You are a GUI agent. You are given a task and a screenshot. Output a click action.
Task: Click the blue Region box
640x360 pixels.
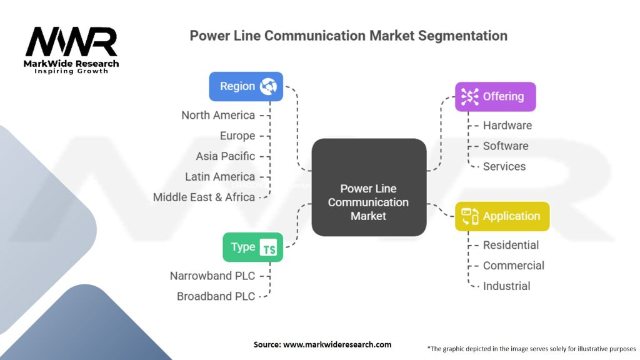pos(246,86)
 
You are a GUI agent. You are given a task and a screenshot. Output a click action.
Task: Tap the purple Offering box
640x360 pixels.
pos(496,97)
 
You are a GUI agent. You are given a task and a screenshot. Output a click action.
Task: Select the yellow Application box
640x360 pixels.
pos(502,216)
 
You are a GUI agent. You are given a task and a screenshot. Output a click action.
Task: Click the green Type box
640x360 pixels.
pos(253,247)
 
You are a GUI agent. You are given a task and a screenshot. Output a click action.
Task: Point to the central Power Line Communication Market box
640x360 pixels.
pos(369,187)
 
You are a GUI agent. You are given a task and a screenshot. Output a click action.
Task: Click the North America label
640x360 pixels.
pos(218,116)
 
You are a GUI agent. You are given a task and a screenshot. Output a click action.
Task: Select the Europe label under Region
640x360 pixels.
pos(237,136)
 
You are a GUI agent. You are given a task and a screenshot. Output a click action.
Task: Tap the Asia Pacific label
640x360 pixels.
pos(225,156)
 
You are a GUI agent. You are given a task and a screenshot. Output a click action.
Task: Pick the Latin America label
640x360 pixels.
pos(220,177)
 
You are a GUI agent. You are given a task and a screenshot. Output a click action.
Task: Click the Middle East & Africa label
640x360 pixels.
pos(204,197)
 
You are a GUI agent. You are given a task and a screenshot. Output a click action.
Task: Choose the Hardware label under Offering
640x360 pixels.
pos(507,126)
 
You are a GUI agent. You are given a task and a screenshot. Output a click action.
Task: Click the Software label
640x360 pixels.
pos(506,146)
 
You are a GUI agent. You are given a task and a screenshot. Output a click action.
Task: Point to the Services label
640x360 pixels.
pos(504,166)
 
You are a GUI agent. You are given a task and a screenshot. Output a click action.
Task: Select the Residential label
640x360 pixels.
pos(511,245)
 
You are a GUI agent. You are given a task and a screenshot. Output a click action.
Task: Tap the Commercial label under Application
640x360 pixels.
pos(514,266)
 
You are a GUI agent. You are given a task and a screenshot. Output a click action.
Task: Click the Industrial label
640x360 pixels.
pos(506,286)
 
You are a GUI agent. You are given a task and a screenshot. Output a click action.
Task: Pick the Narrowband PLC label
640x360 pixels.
pos(212,276)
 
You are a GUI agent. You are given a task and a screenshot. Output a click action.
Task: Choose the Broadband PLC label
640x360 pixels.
pos(216,297)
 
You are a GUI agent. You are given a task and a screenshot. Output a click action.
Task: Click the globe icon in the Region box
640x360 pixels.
pos(269,86)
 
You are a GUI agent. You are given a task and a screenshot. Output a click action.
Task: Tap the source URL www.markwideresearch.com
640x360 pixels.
pos(337,344)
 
